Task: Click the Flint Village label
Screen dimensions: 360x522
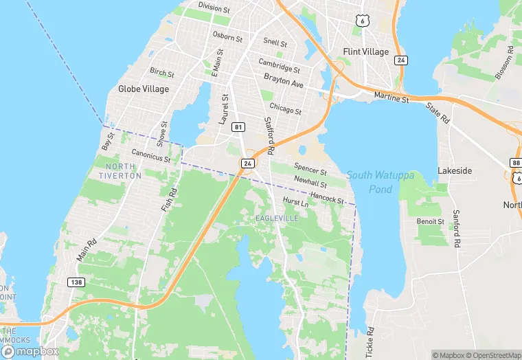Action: [x=365, y=52]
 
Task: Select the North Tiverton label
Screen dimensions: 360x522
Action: [x=124, y=170]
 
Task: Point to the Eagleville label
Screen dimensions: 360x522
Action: [x=277, y=218]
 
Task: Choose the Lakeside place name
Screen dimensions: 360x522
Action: [x=455, y=170]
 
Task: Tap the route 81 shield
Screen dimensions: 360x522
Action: [x=238, y=127]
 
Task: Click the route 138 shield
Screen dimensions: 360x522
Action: [x=76, y=282]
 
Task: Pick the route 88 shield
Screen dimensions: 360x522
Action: [x=516, y=162]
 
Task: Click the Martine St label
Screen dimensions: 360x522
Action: [x=391, y=99]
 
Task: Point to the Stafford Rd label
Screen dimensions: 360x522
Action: [x=269, y=135]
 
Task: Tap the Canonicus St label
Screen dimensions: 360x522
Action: [x=150, y=157]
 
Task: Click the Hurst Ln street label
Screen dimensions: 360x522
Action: [x=295, y=203]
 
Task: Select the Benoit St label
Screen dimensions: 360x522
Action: [x=431, y=221]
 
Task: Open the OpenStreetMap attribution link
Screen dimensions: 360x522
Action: [x=489, y=355]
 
